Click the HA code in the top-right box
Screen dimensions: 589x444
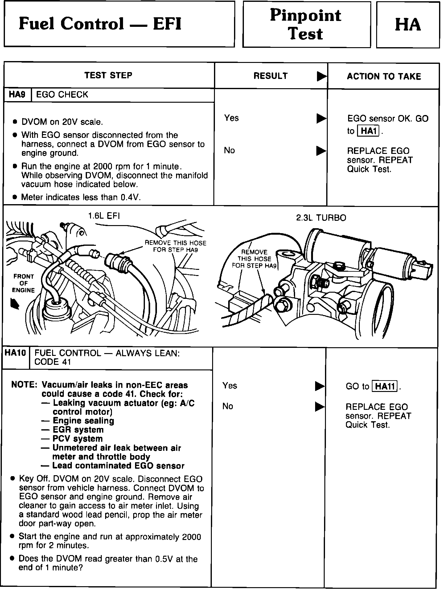click(408, 25)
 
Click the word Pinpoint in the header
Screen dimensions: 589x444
click(306, 15)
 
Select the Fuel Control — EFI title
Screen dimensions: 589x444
click(100, 24)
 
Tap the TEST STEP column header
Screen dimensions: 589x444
click(108, 76)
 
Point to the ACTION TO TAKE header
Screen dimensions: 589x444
click(384, 76)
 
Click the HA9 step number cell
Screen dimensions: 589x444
click(17, 95)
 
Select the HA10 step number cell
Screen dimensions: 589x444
click(15, 353)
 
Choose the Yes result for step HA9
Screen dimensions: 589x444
click(232, 118)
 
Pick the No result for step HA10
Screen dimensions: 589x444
click(228, 406)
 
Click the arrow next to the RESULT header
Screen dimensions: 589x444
click(322, 76)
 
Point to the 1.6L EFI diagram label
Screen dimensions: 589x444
click(104, 216)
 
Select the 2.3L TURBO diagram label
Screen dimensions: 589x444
click(321, 218)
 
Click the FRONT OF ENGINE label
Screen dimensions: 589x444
click(23, 283)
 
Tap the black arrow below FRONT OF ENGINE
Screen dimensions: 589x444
click(15, 304)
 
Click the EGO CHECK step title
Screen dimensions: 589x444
click(62, 95)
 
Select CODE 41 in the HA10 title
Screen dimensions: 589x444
click(53, 362)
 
